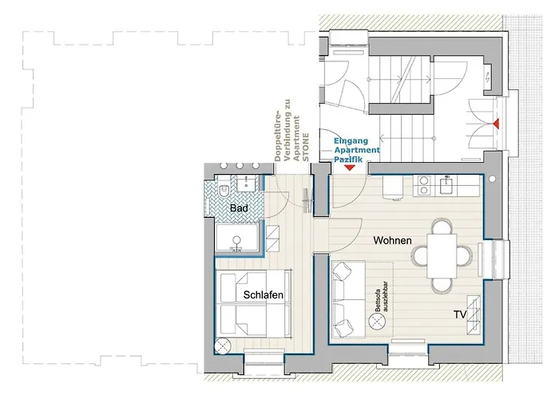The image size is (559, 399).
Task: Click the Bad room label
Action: coord(239,208)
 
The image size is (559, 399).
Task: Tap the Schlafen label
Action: coord(264,295)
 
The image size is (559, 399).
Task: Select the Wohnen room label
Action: coord(393,240)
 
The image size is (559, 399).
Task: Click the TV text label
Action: coord(460,314)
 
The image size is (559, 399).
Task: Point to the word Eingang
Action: coord(351,141)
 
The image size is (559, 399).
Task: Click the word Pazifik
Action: coord(348,159)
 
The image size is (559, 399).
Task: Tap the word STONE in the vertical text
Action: coord(305,147)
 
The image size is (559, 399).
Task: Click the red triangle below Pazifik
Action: coord(350,168)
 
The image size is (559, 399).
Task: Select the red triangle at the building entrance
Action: coord(496,123)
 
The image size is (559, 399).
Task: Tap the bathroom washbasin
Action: coord(248,184)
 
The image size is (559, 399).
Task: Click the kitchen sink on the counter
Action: coord(446,185)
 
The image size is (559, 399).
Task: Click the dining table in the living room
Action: coord(442,256)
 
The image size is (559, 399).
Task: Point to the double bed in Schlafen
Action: coord(252,303)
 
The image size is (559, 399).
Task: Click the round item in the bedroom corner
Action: coord(224,346)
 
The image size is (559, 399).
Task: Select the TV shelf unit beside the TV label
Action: coord(474,315)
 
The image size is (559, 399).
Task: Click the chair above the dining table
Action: coord(442,227)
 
